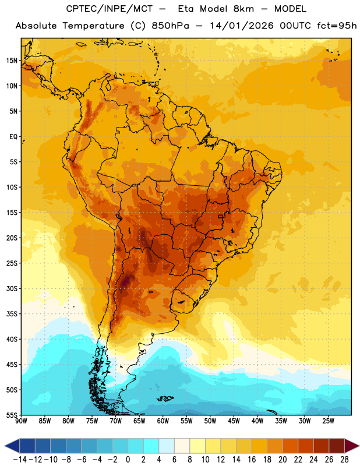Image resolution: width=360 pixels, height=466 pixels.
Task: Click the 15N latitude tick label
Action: pos(11,61)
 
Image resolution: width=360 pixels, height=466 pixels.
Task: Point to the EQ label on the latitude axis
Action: pos(13,137)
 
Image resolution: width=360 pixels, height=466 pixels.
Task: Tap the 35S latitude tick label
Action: pos(12,314)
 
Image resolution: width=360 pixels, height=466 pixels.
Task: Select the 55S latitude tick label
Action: pos(12,415)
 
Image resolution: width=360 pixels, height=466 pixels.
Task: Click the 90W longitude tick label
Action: pos(21,421)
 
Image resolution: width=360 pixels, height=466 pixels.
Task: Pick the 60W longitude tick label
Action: pos(163,421)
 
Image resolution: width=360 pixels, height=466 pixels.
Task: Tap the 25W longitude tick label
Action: pos(328,421)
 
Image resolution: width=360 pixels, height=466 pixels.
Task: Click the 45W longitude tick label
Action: pos(234,421)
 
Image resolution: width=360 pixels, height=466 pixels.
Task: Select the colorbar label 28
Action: pos(344,460)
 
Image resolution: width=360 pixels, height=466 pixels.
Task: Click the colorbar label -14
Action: pos(20,460)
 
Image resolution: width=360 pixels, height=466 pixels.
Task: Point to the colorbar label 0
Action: pos(128,460)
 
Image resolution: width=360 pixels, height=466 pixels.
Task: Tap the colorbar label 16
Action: pos(252,460)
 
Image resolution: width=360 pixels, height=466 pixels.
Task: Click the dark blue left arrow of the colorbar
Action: pos(12,446)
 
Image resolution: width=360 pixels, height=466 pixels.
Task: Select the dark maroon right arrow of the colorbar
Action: pos(352,446)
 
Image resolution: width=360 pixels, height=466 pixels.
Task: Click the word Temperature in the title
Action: pos(93,26)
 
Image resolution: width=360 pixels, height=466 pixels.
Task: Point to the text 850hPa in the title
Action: pos(170,26)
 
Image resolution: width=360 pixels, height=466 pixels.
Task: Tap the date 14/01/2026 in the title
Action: pos(241,26)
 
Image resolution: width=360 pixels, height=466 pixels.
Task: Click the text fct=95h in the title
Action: pos(337,26)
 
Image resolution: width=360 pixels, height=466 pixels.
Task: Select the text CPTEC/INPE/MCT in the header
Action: pos(110,9)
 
